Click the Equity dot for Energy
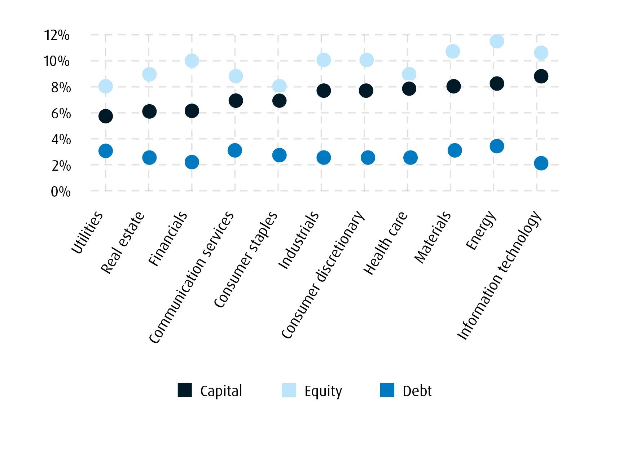(497, 41)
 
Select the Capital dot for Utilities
(105, 116)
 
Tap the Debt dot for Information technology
(541, 163)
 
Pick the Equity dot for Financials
(192, 61)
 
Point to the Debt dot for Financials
(192, 162)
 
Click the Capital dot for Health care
(409, 88)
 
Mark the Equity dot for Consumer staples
(279, 86)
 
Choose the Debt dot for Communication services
(235, 150)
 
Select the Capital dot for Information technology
(541, 76)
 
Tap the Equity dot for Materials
(453, 51)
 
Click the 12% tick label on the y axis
(57, 35)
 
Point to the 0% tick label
(61, 192)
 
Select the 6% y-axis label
(61, 114)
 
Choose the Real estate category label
(123, 242)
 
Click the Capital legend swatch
(185, 390)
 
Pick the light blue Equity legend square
(289, 390)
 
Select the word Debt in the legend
(417, 391)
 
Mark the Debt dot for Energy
(497, 146)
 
